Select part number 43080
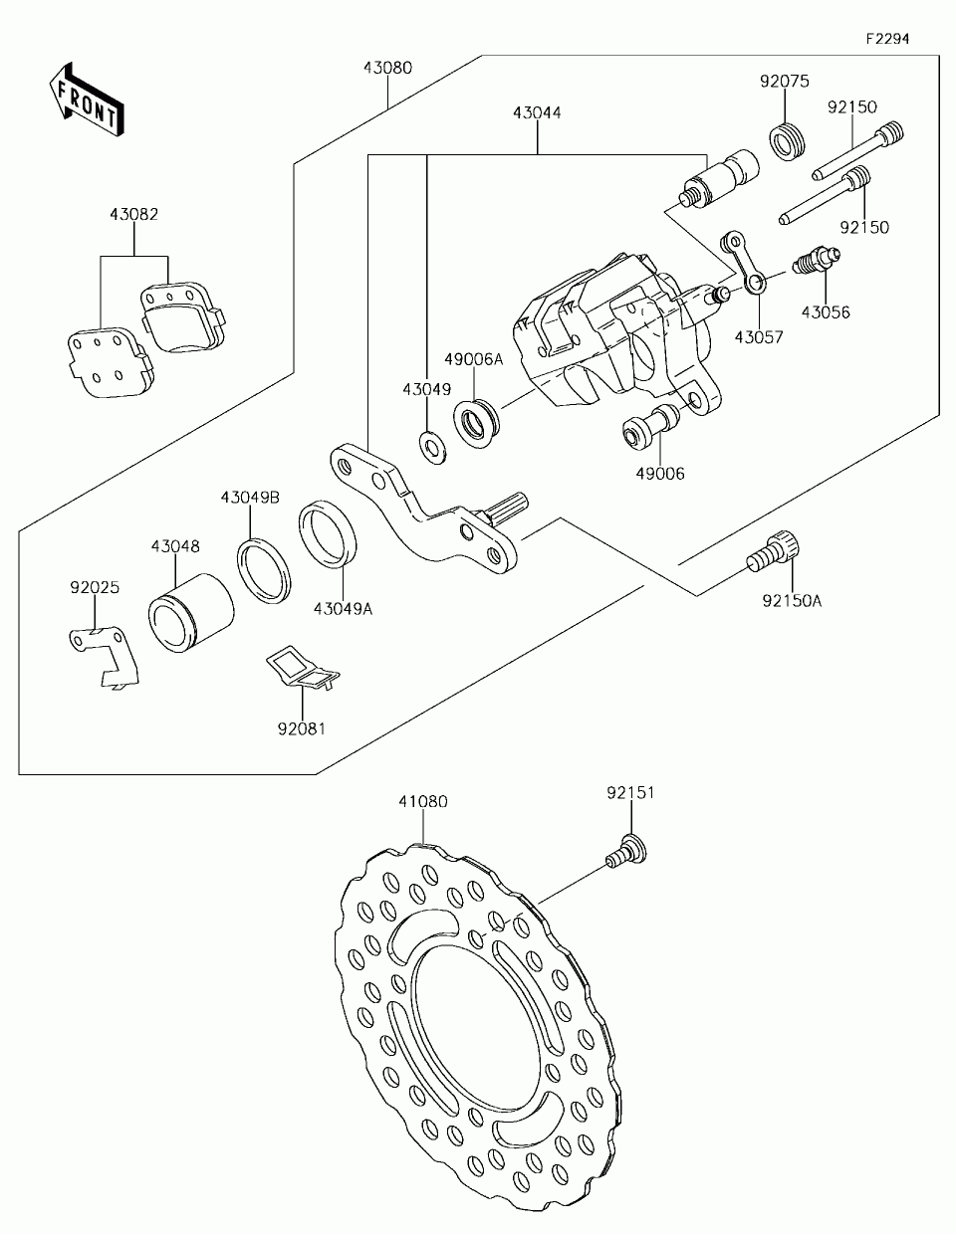pyautogui.click(x=387, y=69)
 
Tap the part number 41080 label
pyautogui.click(x=423, y=800)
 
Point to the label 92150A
pyautogui.click(x=792, y=600)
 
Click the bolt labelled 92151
pyautogui.click(x=625, y=852)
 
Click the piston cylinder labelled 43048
pyautogui.click(x=191, y=613)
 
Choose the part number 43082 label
pyautogui.click(x=134, y=214)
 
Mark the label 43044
pyautogui.click(x=538, y=113)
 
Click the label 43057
pyautogui.click(x=759, y=336)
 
